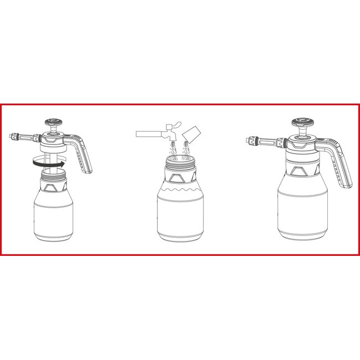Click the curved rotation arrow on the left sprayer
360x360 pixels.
48,163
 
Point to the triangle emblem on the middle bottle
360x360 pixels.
178,178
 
